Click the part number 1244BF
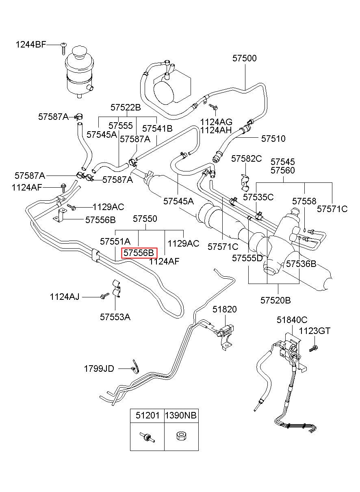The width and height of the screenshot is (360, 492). (31, 45)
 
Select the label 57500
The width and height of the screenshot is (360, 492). (245, 58)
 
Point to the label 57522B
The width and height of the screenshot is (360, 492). (126, 107)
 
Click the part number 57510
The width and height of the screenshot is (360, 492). (273, 139)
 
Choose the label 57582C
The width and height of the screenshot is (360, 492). (247, 158)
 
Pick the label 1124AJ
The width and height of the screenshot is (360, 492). (65, 297)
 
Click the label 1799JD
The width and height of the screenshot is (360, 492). (99, 369)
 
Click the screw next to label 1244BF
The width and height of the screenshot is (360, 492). (63, 49)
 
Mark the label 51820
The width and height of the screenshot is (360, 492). (225, 309)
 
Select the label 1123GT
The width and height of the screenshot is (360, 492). (314, 337)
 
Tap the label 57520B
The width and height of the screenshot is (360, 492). (275, 300)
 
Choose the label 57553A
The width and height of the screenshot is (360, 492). (115, 317)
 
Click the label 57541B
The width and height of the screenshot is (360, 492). (157, 128)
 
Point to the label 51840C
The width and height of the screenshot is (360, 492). (292, 320)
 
